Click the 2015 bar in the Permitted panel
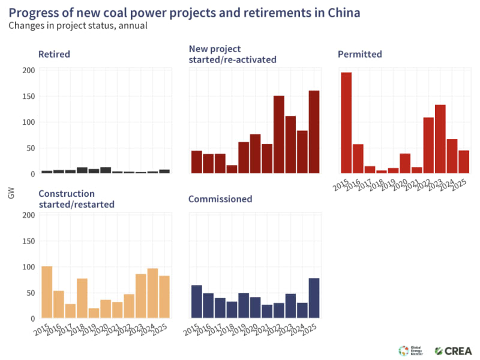346,122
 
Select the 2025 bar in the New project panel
314,132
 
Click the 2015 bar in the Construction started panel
47,292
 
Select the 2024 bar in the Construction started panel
152,293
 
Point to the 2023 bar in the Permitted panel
440,139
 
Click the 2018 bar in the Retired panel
82,170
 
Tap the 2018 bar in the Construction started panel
82,299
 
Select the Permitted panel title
360,55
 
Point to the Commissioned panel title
220,199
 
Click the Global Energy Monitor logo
411,350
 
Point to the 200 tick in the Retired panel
29,70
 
